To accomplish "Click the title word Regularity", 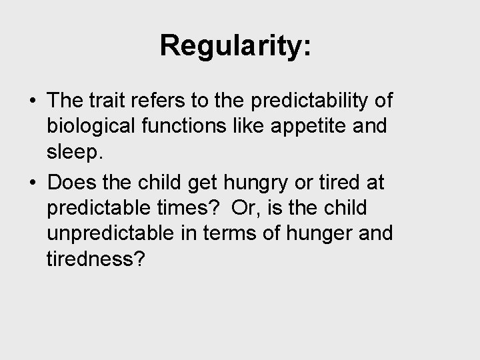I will [x=235, y=46].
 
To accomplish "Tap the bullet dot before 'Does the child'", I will [x=31, y=181].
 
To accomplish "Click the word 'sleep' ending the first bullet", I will [x=73, y=155].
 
